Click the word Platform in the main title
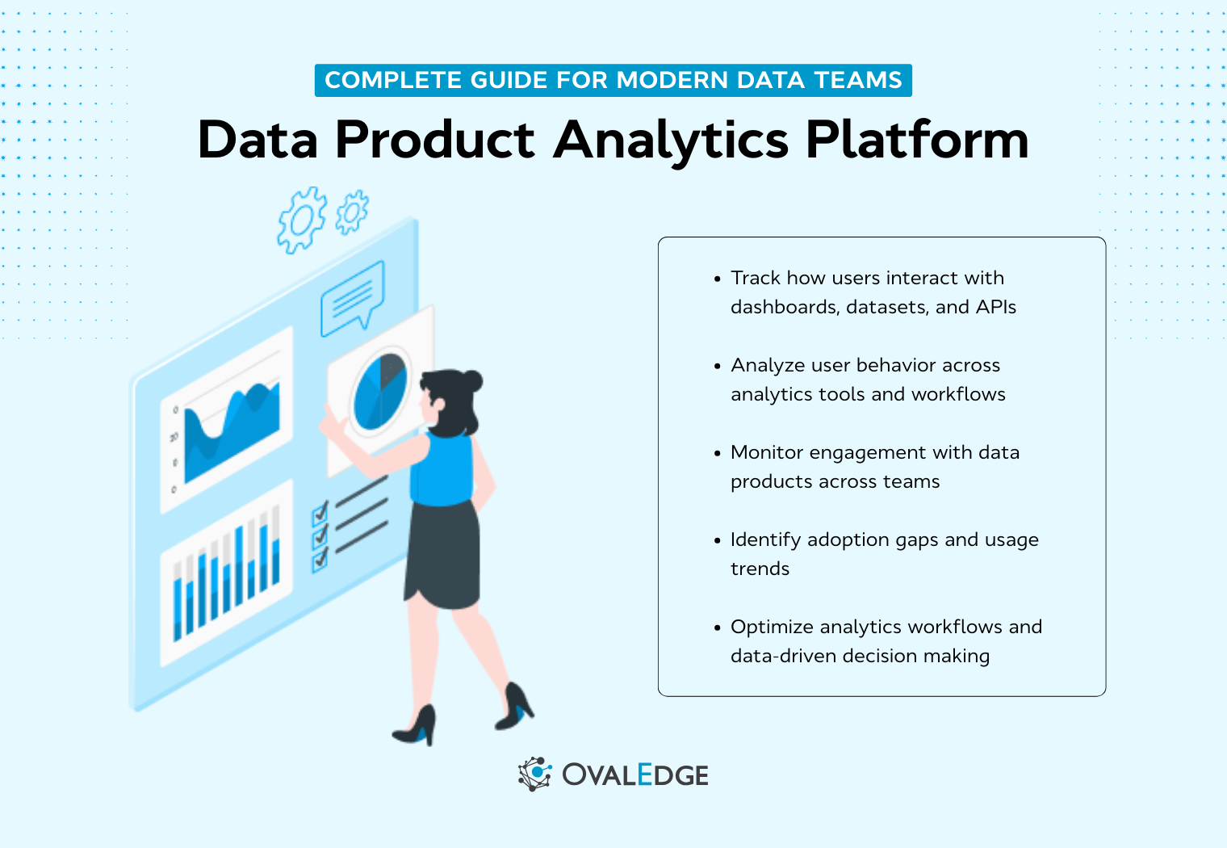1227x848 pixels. point(917,141)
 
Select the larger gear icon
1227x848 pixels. point(302,219)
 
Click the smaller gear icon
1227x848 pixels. point(352,212)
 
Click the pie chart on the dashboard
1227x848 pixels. point(380,391)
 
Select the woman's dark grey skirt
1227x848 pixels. point(443,557)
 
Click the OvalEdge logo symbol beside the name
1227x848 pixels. point(534,775)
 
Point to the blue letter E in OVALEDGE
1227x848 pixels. point(644,775)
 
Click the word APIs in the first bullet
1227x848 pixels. point(995,307)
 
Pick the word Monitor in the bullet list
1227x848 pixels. point(767,452)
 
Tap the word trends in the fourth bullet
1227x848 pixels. point(760,569)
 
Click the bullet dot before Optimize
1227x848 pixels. point(717,628)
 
